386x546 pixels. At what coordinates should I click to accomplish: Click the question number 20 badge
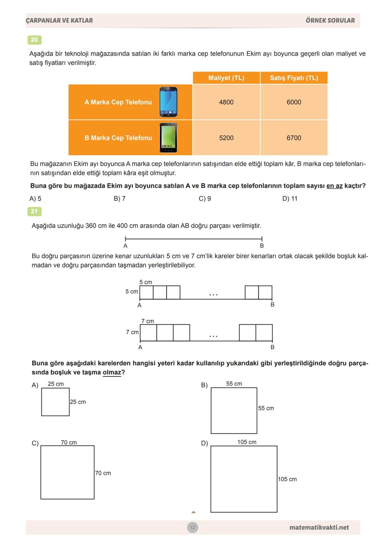[x=34, y=40]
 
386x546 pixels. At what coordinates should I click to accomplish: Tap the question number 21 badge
[x=34, y=212]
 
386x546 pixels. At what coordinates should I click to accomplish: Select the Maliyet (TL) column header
[x=226, y=78]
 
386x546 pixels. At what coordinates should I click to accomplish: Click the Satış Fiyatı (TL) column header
[x=294, y=78]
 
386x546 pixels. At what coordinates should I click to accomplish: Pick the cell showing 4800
[x=226, y=102]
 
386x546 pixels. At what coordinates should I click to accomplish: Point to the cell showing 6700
[x=294, y=138]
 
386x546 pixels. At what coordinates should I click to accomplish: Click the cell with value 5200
[x=226, y=138]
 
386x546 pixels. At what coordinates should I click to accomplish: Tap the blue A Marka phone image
[x=168, y=102]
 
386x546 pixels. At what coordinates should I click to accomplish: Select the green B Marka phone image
[x=168, y=138]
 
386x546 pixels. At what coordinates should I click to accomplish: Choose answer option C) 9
[x=205, y=199]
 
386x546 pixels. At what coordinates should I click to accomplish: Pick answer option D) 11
[x=289, y=199]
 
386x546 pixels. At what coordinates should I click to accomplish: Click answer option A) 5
[x=35, y=199]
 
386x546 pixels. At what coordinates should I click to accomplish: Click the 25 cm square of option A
[x=55, y=402]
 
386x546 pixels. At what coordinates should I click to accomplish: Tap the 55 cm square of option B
[x=234, y=410]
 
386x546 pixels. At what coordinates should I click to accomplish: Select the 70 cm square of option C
[x=68, y=472]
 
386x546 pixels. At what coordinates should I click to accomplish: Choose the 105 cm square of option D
[x=244, y=479]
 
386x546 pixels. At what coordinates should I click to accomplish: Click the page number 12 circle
[x=193, y=527]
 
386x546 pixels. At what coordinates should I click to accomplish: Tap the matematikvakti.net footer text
[x=319, y=527]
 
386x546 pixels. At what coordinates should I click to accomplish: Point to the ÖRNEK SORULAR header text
[x=330, y=20]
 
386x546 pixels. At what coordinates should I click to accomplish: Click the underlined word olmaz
[x=112, y=373]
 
